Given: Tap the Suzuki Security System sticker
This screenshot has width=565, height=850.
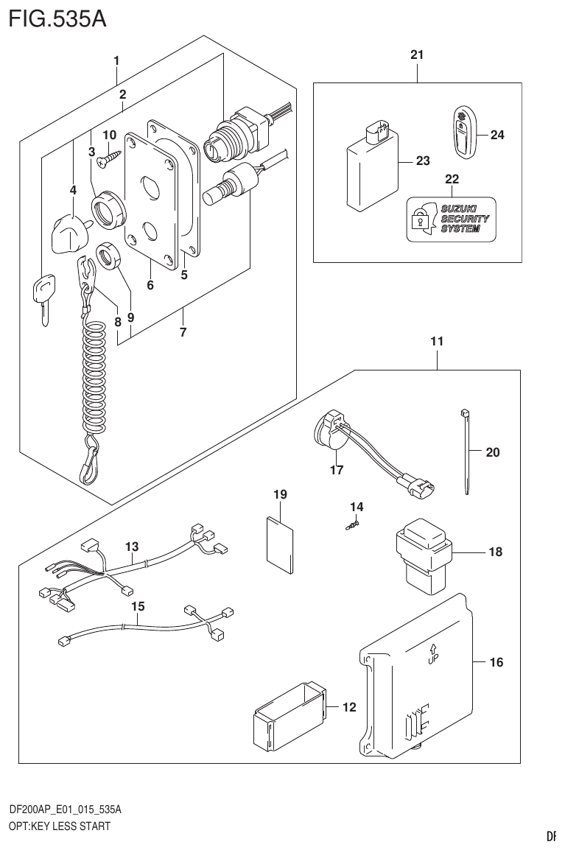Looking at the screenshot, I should point(451,219).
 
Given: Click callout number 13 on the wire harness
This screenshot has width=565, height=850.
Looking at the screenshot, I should point(131,547).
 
